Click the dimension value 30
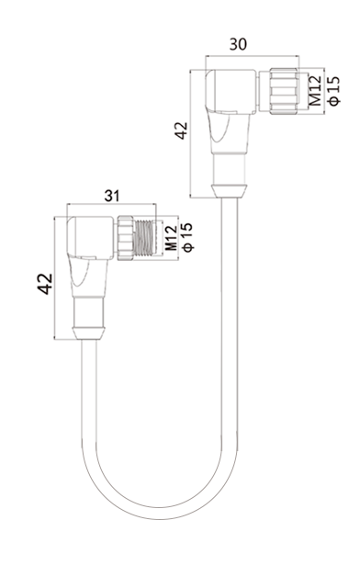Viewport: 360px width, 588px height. click(x=238, y=44)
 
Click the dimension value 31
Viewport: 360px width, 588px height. click(x=112, y=196)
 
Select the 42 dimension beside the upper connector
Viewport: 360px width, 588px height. click(x=182, y=130)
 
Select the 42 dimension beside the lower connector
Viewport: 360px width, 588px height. click(x=45, y=284)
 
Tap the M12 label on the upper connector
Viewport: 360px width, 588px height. click(x=315, y=91)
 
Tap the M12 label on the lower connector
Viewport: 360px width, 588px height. click(x=171, y=238)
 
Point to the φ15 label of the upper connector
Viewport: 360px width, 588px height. click(x=333, y=91)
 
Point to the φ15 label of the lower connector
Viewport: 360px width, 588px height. click(x=186, y=238)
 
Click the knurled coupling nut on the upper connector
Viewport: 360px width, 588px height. click(x=284, y=91)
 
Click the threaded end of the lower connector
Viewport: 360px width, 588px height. click(x=143, y=237)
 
